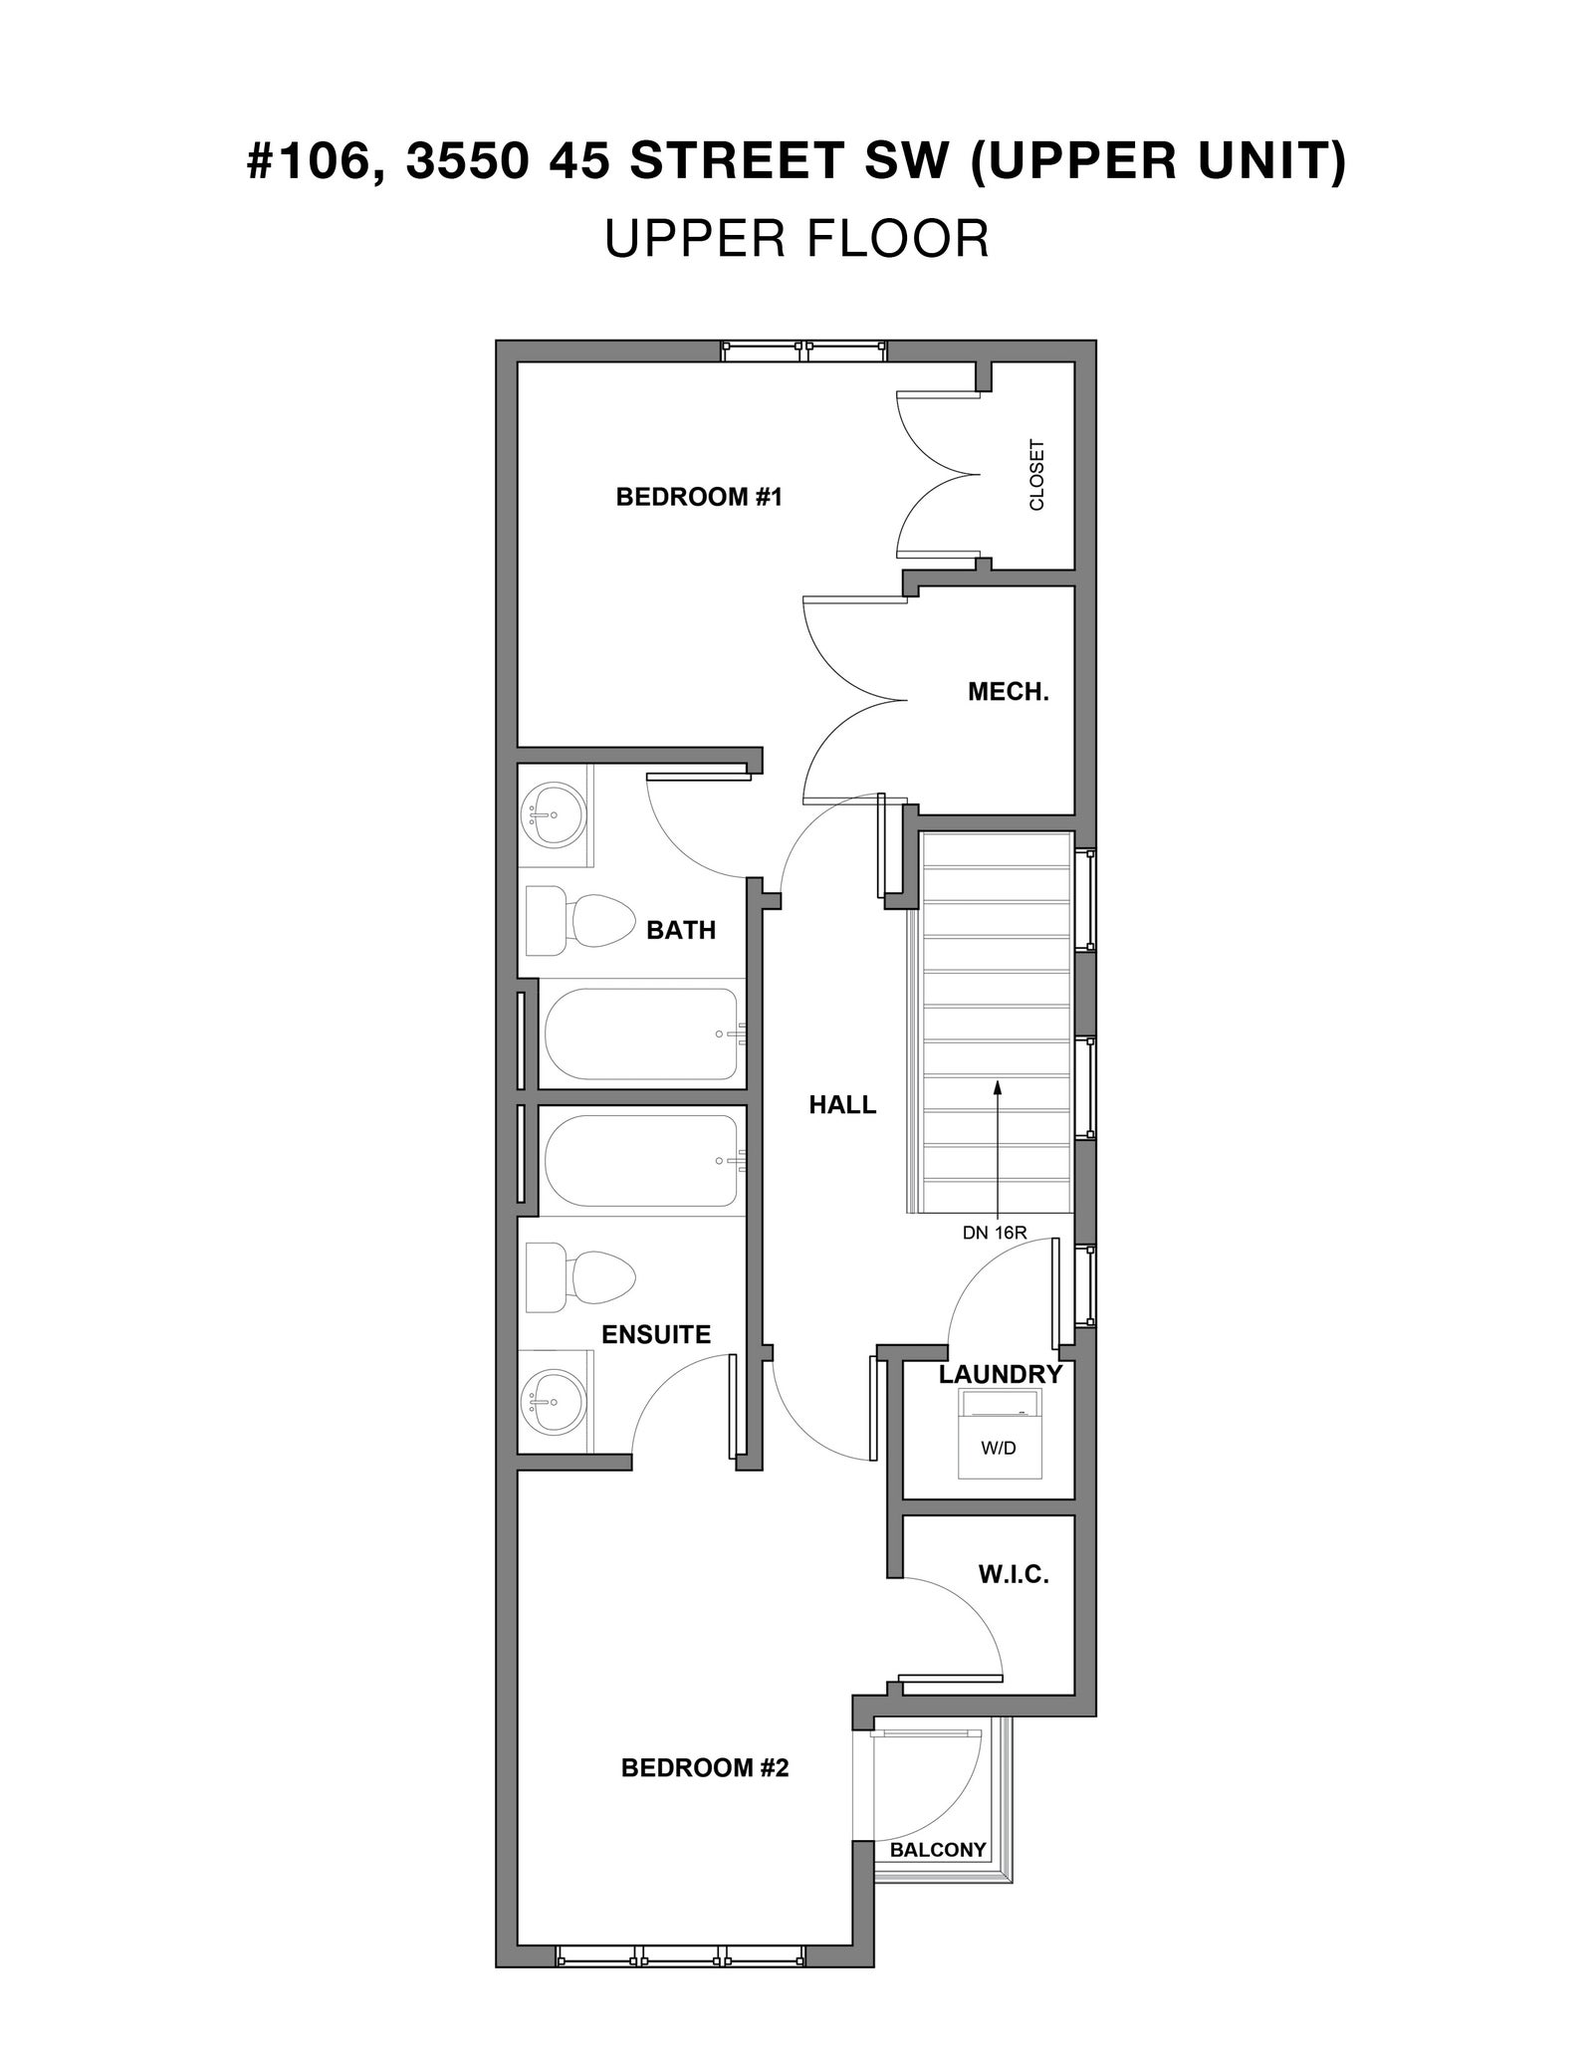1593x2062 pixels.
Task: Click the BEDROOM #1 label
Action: tap(699, 496)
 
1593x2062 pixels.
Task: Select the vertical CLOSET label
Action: tap(1037, 475)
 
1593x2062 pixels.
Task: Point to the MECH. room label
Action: tap(1009, 692)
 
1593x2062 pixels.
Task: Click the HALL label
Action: tap(842, 1104)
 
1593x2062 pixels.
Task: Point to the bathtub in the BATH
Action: tap(642, 1033)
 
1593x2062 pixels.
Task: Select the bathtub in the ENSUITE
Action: tap(642, 1161)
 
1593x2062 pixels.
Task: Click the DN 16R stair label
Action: tap(994, 1233)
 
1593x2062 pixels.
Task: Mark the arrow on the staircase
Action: tap(997, 1149)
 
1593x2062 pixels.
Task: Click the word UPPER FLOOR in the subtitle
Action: tap(796, 239)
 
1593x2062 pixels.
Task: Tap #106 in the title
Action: tap(312, 161)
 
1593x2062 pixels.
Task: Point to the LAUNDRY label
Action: tap(1001, 1374)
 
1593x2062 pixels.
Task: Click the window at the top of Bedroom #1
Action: tap(804, 351)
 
